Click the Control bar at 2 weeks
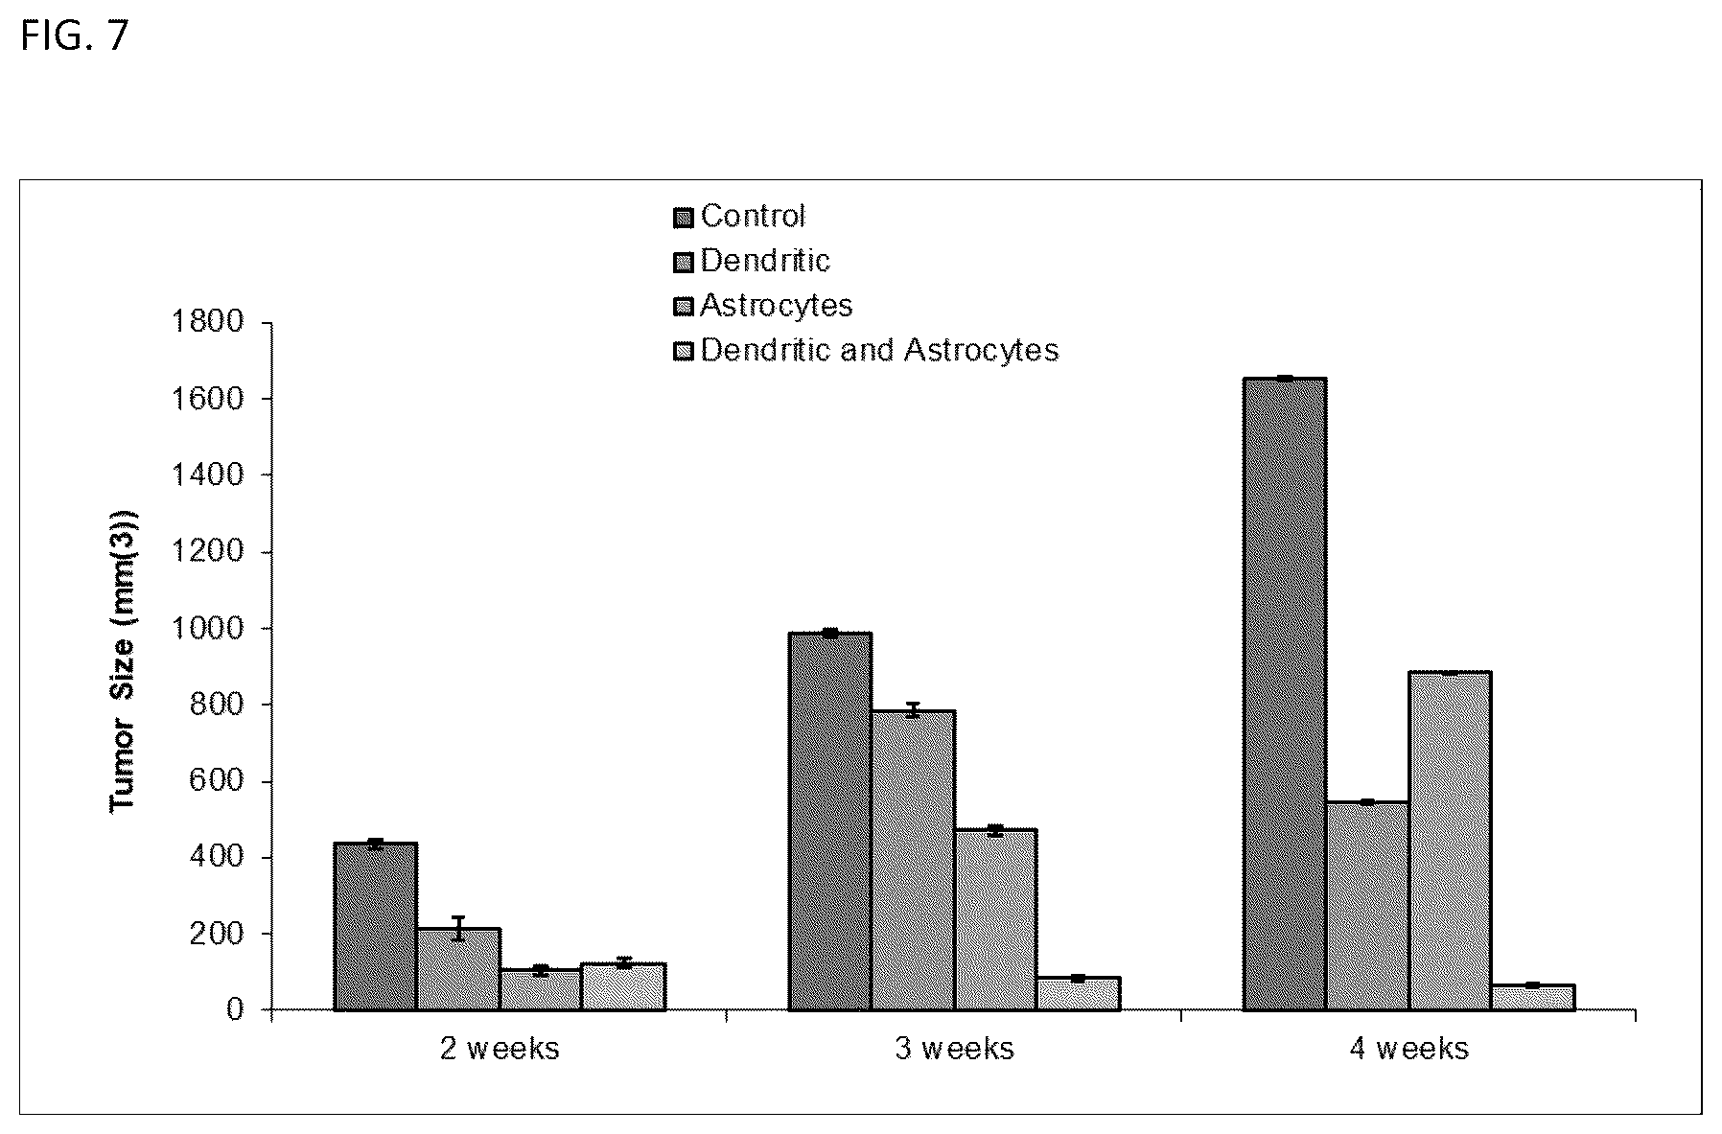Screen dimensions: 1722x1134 pyautogui.click(x=375, y=926)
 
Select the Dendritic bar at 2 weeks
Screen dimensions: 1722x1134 pyautogui.click(x=458, y=969)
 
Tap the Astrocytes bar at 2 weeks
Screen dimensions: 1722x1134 pyautogui.click(x=541, y=989)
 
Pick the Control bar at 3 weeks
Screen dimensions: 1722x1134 pyautogui.click(x=830, y=822)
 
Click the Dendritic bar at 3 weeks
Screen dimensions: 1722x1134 pyautogui.click(x=914, y=860)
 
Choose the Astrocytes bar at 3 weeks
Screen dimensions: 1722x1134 pyautogui.click(x=996, y=919)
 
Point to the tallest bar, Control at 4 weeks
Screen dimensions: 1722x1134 pyautogui.click(x=1286, y=694)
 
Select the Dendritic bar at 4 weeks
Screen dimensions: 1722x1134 pyautogui.click(x=1368, y=906)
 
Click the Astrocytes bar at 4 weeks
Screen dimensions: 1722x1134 pyautogui.click(x=1451, y=841)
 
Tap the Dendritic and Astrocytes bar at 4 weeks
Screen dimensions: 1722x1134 pyautogui.click(x=1533, y=997)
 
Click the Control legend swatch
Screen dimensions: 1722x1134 pyautogui.click(x=684, y=220)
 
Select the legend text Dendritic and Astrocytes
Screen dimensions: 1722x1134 pyautogui.click(x=880, y=351)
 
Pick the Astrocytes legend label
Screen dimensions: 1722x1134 pyautogui.click(x=777, y=306)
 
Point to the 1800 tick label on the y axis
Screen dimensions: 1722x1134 pyautogui.click(x=208, y=322)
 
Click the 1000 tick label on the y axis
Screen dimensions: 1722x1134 pyautogui.click(x=208, y=628)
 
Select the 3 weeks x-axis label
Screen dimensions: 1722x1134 pyautogui.click(x=955, y=1049)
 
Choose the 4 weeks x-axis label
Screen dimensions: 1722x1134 pyautogui.click(x=1409, y=1049)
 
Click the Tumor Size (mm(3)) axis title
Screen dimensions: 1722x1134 pyautogui.click(x=125, y=660)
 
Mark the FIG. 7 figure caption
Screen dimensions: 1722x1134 pyautogui.click(x=74, y=36)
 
